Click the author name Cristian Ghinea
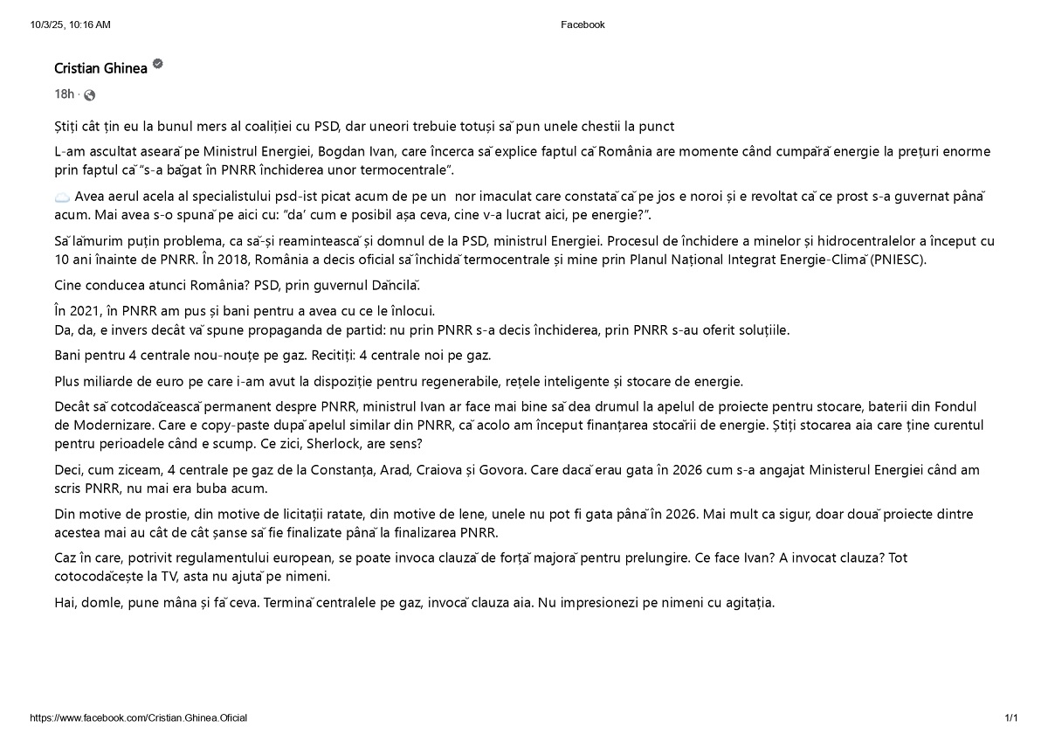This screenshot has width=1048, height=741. point(100,68)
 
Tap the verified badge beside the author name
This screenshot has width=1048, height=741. point(158,64)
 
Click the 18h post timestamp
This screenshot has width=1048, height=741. point(64,93)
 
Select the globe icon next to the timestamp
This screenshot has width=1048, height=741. point(89,94)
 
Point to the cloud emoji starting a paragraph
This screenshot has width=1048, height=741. point(62,197)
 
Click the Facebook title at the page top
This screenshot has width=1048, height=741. point(583,24)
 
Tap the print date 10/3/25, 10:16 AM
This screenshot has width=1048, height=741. point(70,24)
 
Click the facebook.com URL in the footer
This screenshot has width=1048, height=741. point(138,717)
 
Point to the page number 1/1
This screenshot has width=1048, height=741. point(1011,717)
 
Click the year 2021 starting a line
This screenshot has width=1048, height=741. point(85,311)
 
